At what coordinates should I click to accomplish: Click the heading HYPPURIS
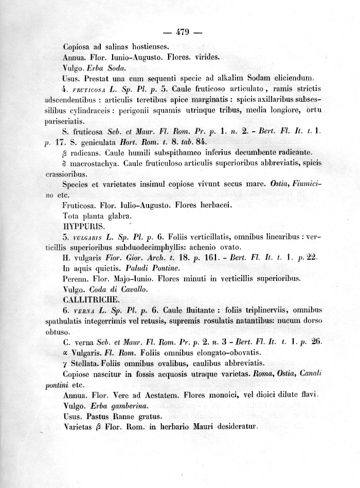coord(83,226)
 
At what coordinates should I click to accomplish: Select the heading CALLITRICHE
coord(90,299)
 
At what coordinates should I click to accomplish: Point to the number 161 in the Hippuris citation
coord(213,258)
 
